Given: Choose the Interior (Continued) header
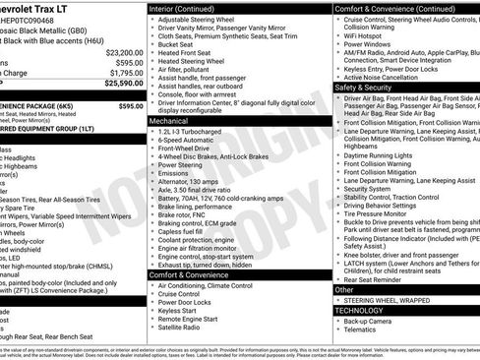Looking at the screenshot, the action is click(190, 8).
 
